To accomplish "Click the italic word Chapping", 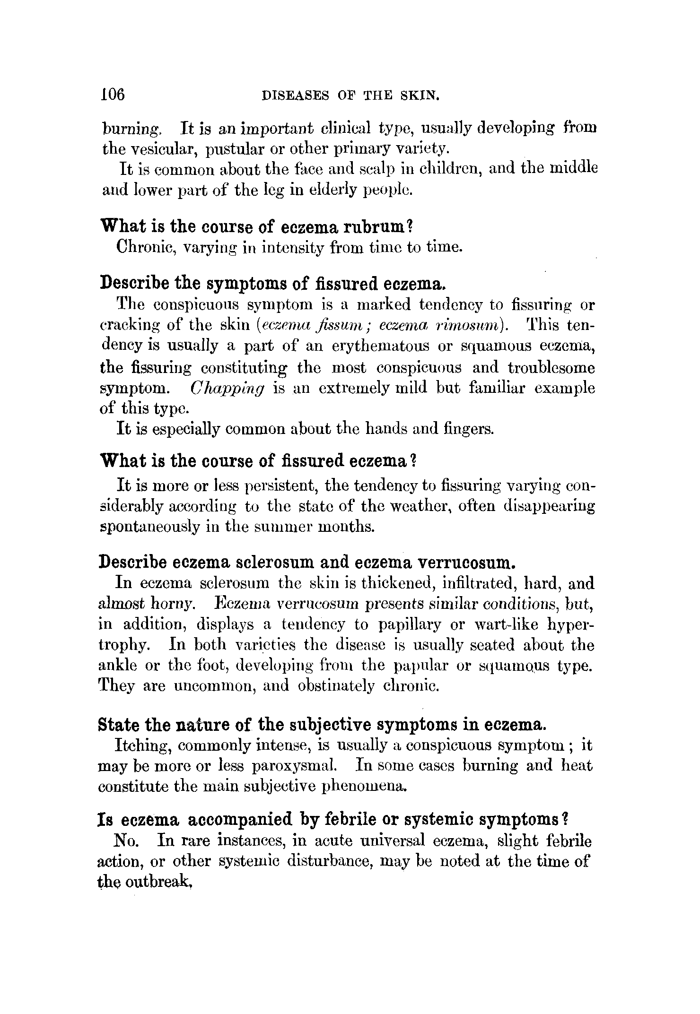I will tap(227, 389).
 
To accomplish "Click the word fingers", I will tap(469, 429).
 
